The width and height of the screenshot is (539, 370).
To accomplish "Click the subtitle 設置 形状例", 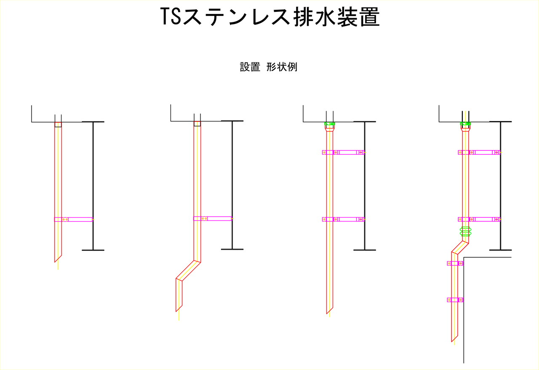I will (x=269, y=67).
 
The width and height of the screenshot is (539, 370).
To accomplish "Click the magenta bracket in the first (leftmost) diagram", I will (x=74, y=219).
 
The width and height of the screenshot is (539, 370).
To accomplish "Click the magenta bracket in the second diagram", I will (x=213, y=218).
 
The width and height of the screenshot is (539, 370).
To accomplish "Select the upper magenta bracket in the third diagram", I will (x=343, y=152).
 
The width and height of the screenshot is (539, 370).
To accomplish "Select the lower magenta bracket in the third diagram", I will (x=343, y=219).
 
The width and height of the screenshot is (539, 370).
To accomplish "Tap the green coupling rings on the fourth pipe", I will (x=465, y=231).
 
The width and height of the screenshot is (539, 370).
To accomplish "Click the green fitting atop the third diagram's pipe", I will (x=330, y=124).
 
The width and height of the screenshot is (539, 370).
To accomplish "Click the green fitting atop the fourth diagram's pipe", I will (x=465, y=124).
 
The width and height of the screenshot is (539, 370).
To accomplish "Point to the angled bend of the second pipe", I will (x=188, y=270).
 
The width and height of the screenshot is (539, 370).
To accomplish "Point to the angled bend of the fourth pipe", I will (x=460, y=247).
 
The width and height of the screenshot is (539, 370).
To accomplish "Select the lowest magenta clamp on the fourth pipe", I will (x=455, y=300).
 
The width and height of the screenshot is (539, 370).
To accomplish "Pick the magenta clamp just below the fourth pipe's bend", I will (x=455, y=263).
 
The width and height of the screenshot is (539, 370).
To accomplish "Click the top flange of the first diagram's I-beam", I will (x=93, y=122).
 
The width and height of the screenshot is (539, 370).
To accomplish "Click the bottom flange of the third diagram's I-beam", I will (x=365, y=250).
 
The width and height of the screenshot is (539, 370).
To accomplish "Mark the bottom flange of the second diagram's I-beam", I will (x=232, y=249).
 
